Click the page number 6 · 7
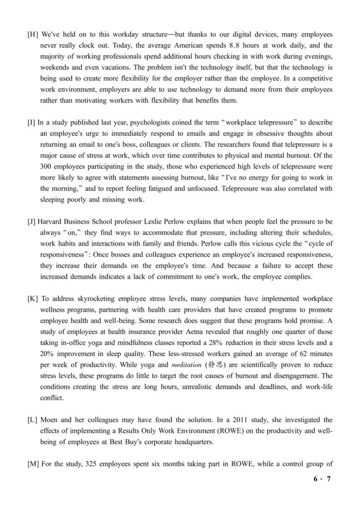click(x=322, y=479)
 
